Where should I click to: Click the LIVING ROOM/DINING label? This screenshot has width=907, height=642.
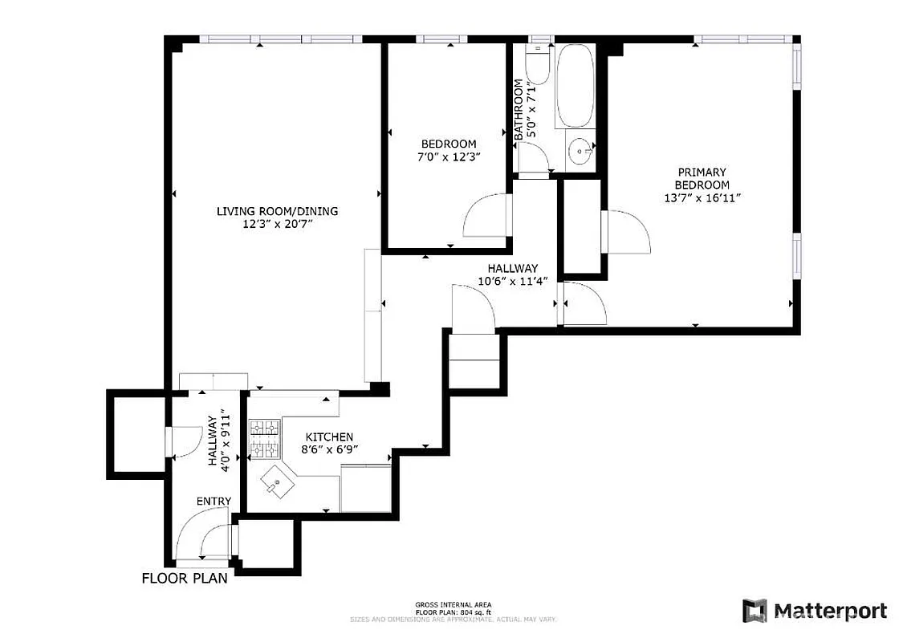(277, 211)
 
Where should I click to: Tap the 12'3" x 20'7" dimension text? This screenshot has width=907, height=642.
(277, 225)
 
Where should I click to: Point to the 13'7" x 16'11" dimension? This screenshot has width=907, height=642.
(702, 198)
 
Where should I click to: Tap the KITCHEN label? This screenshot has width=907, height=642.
(328, 437)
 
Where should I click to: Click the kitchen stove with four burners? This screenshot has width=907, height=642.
(262, 440)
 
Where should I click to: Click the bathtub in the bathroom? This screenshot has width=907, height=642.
(575, 85)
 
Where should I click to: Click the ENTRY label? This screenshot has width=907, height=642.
(214, 502)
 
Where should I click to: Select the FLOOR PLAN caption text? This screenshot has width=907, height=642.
(185, 578)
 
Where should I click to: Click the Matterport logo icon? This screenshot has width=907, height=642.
(754, 611)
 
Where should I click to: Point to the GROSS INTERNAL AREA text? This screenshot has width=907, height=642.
(453, 604)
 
